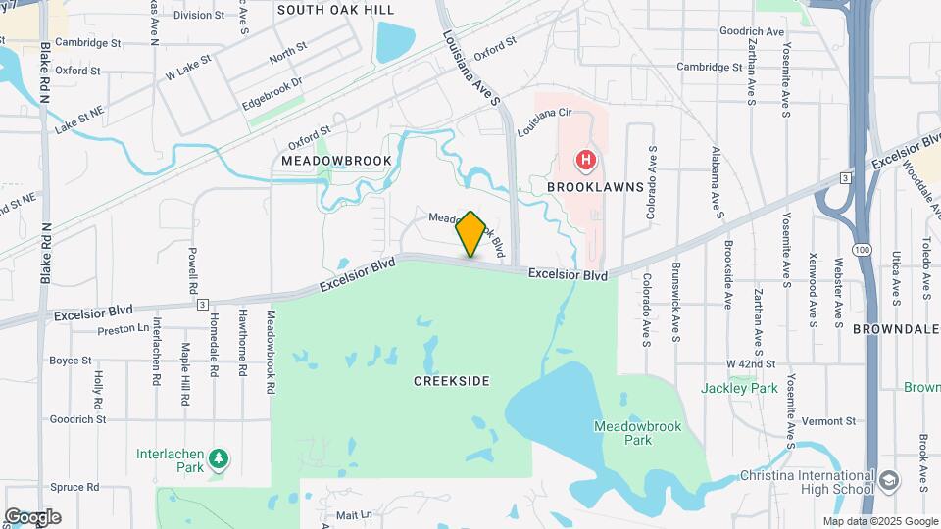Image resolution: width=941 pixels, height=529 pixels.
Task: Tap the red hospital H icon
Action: click(x=585, y=160)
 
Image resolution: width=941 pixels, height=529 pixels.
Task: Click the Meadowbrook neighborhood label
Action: click(x=336, y=161)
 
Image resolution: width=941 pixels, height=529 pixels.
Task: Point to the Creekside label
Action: click(x=451, y=380)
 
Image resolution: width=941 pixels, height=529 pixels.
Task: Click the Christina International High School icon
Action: click(x=888, y=482)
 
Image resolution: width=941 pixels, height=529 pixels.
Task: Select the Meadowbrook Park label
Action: click(x=637, y=433)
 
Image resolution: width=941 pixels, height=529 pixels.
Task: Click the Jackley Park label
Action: click(x=739, y=388)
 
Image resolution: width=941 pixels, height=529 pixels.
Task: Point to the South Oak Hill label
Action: click(x=335, y=10)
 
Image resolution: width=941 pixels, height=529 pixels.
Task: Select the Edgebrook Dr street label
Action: click(x=272, y=93)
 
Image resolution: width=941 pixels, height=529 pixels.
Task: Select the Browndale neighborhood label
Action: click(x=896, y=329)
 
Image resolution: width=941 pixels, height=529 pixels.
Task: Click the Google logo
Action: click(x=32, y=516)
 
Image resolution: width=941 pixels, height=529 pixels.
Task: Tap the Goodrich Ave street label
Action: click(x=753, y=32)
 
